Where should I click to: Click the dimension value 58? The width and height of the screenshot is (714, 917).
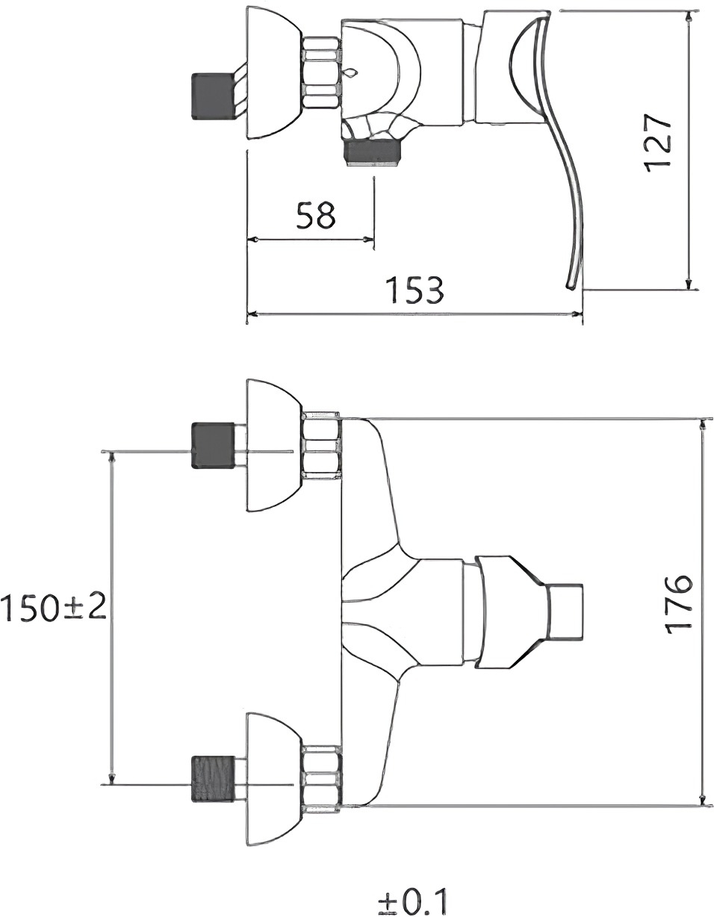tap(316, 215)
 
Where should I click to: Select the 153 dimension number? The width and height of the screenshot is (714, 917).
tap(417, 290)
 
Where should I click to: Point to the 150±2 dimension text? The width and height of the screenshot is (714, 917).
tap(54, 607)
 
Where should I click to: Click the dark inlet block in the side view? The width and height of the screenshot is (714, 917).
tap(213, 96)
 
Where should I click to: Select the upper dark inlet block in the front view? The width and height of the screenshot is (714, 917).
tap(213, 445)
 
